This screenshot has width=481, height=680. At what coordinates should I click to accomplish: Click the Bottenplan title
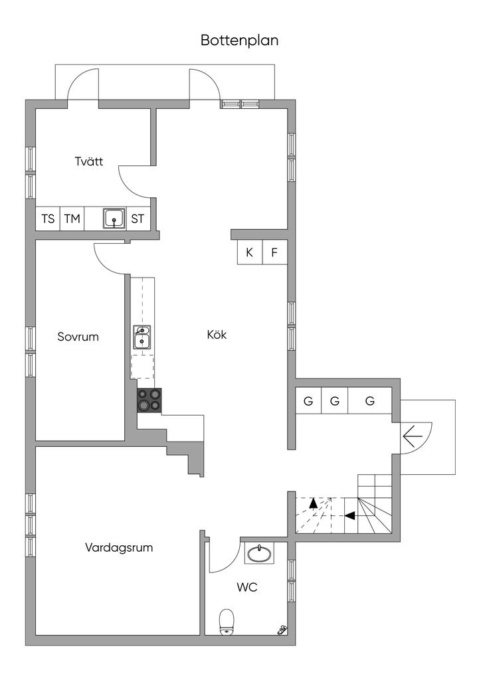(240, 41)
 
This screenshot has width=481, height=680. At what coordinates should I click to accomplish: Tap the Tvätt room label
(88, 161)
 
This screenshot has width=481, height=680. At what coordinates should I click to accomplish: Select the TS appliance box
(48, 218)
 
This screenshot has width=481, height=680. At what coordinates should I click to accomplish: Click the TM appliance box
(72, 218)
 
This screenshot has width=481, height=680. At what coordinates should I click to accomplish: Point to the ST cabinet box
(138, 218)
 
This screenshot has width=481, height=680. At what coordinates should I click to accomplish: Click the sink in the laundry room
(114, 218)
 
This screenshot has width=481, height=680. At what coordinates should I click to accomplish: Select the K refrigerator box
(250, 252)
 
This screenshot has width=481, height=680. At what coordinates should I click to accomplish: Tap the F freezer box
(274, 252)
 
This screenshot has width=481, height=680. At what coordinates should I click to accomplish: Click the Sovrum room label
(78, 337)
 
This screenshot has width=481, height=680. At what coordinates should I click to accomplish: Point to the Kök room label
(217, 335)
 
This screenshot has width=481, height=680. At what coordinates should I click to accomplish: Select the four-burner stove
(149, 400)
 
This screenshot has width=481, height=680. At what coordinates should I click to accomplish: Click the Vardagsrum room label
(119, 548)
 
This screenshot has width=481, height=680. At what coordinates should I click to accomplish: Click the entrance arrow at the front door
(413, 436)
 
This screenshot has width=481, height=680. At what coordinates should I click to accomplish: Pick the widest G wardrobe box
(370, 401)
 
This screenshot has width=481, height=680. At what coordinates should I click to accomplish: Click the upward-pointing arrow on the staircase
(313, 506)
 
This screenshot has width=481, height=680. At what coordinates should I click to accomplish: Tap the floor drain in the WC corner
(282, 629)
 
